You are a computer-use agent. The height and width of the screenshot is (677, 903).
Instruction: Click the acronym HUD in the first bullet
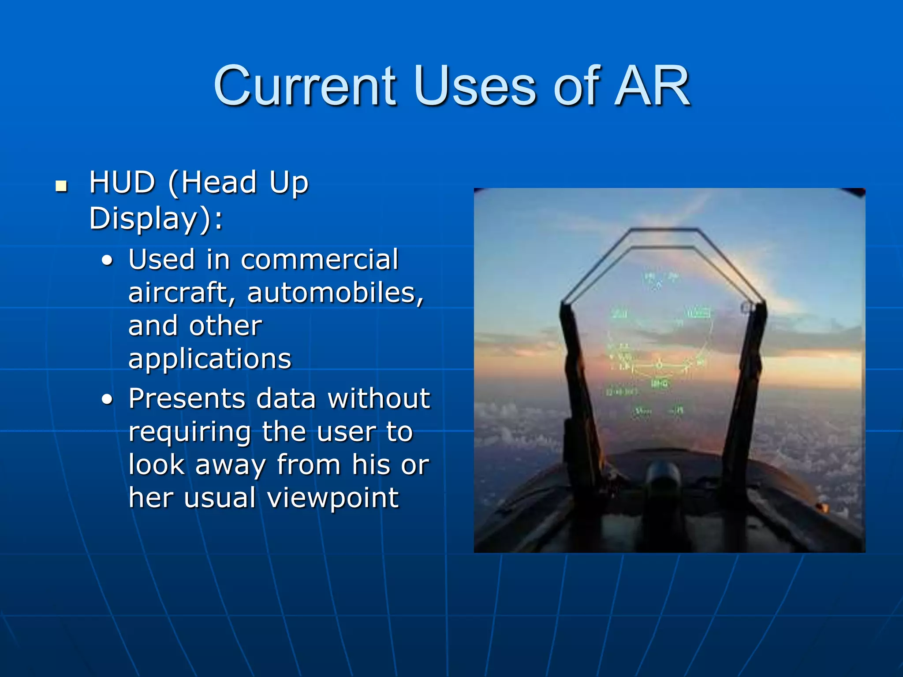(x=122, y=182)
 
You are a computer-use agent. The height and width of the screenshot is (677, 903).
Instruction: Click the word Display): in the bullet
(x=156, y=218)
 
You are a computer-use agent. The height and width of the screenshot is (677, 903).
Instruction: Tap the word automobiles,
(x=335, y=292)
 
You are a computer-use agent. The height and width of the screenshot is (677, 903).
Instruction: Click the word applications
(x=210, y=358)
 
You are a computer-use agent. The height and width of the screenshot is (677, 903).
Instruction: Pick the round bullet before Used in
(x=107, y=261)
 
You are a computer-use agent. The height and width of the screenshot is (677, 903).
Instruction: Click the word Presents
(x=187, y=398)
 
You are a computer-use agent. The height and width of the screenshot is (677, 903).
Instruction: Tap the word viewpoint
(x=333, y=498)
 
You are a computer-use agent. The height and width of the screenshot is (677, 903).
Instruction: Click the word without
(x=379, y=398)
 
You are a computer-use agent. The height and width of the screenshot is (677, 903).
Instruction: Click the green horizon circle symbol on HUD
(x=659, y=365)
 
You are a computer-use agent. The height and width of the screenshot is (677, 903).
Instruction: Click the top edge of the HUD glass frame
(x=664, y=230)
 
